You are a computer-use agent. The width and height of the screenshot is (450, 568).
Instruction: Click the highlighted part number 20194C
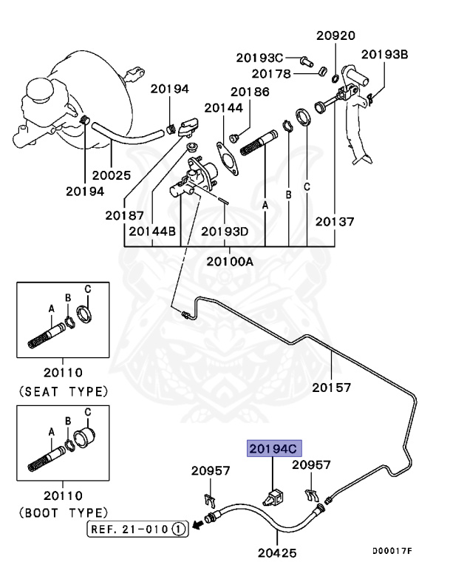[x=272, y=447]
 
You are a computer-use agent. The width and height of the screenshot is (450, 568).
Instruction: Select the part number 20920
[x=336, y=35]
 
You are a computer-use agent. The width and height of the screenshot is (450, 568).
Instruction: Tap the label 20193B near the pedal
[x=385, y=54]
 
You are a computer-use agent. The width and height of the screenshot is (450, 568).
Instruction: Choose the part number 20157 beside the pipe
[x=331, y=387]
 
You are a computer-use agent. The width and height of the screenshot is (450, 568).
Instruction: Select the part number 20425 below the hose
[x=277, y=551]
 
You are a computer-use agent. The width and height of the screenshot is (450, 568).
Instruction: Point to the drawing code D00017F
[x=392, y=551]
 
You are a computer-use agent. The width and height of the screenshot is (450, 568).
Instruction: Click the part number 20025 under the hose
[x=111, y=175]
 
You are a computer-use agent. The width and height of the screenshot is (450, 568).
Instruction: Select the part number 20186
[x=249, y=92]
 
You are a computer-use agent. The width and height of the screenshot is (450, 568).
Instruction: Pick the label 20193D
[x=225, y=231]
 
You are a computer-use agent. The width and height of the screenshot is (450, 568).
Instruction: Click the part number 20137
[x=335, y=220]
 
